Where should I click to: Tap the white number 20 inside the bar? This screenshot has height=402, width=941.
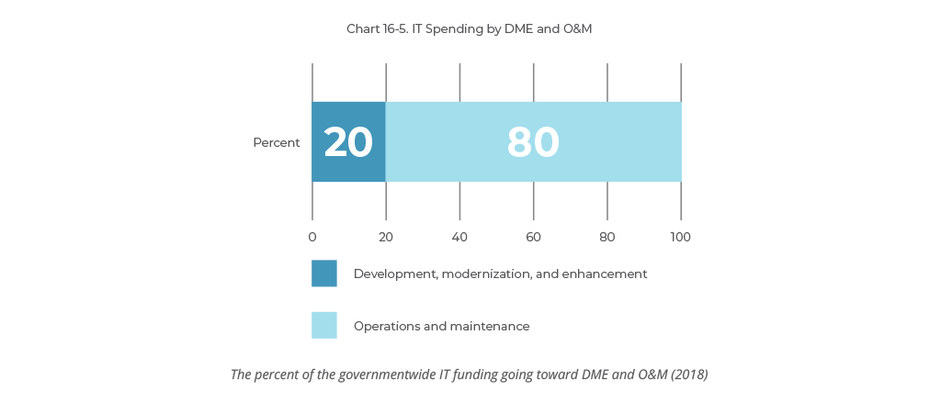coord(348,142)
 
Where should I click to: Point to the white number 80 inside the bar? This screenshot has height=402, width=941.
coord(533,142)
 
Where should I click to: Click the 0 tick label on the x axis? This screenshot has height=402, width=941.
coord(312,237)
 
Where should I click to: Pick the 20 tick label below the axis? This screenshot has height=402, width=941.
coord(386,237)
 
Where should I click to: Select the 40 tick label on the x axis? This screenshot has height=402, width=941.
coord(459,237)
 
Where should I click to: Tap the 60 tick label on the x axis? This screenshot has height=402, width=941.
coord(533,237)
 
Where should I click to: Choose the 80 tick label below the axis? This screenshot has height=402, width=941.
coord(607,237)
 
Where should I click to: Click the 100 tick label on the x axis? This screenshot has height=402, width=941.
coord(681,237)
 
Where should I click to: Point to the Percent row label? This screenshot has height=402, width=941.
coord(277,142)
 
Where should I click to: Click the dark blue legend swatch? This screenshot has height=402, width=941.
coord(324,274)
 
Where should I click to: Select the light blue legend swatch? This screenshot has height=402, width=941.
coord(324,325)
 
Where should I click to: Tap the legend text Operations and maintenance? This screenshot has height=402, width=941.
coord(441,326)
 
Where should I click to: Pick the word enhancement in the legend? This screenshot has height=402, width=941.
coord(608,274)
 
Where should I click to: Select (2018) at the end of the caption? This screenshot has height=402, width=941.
coord(688,374)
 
